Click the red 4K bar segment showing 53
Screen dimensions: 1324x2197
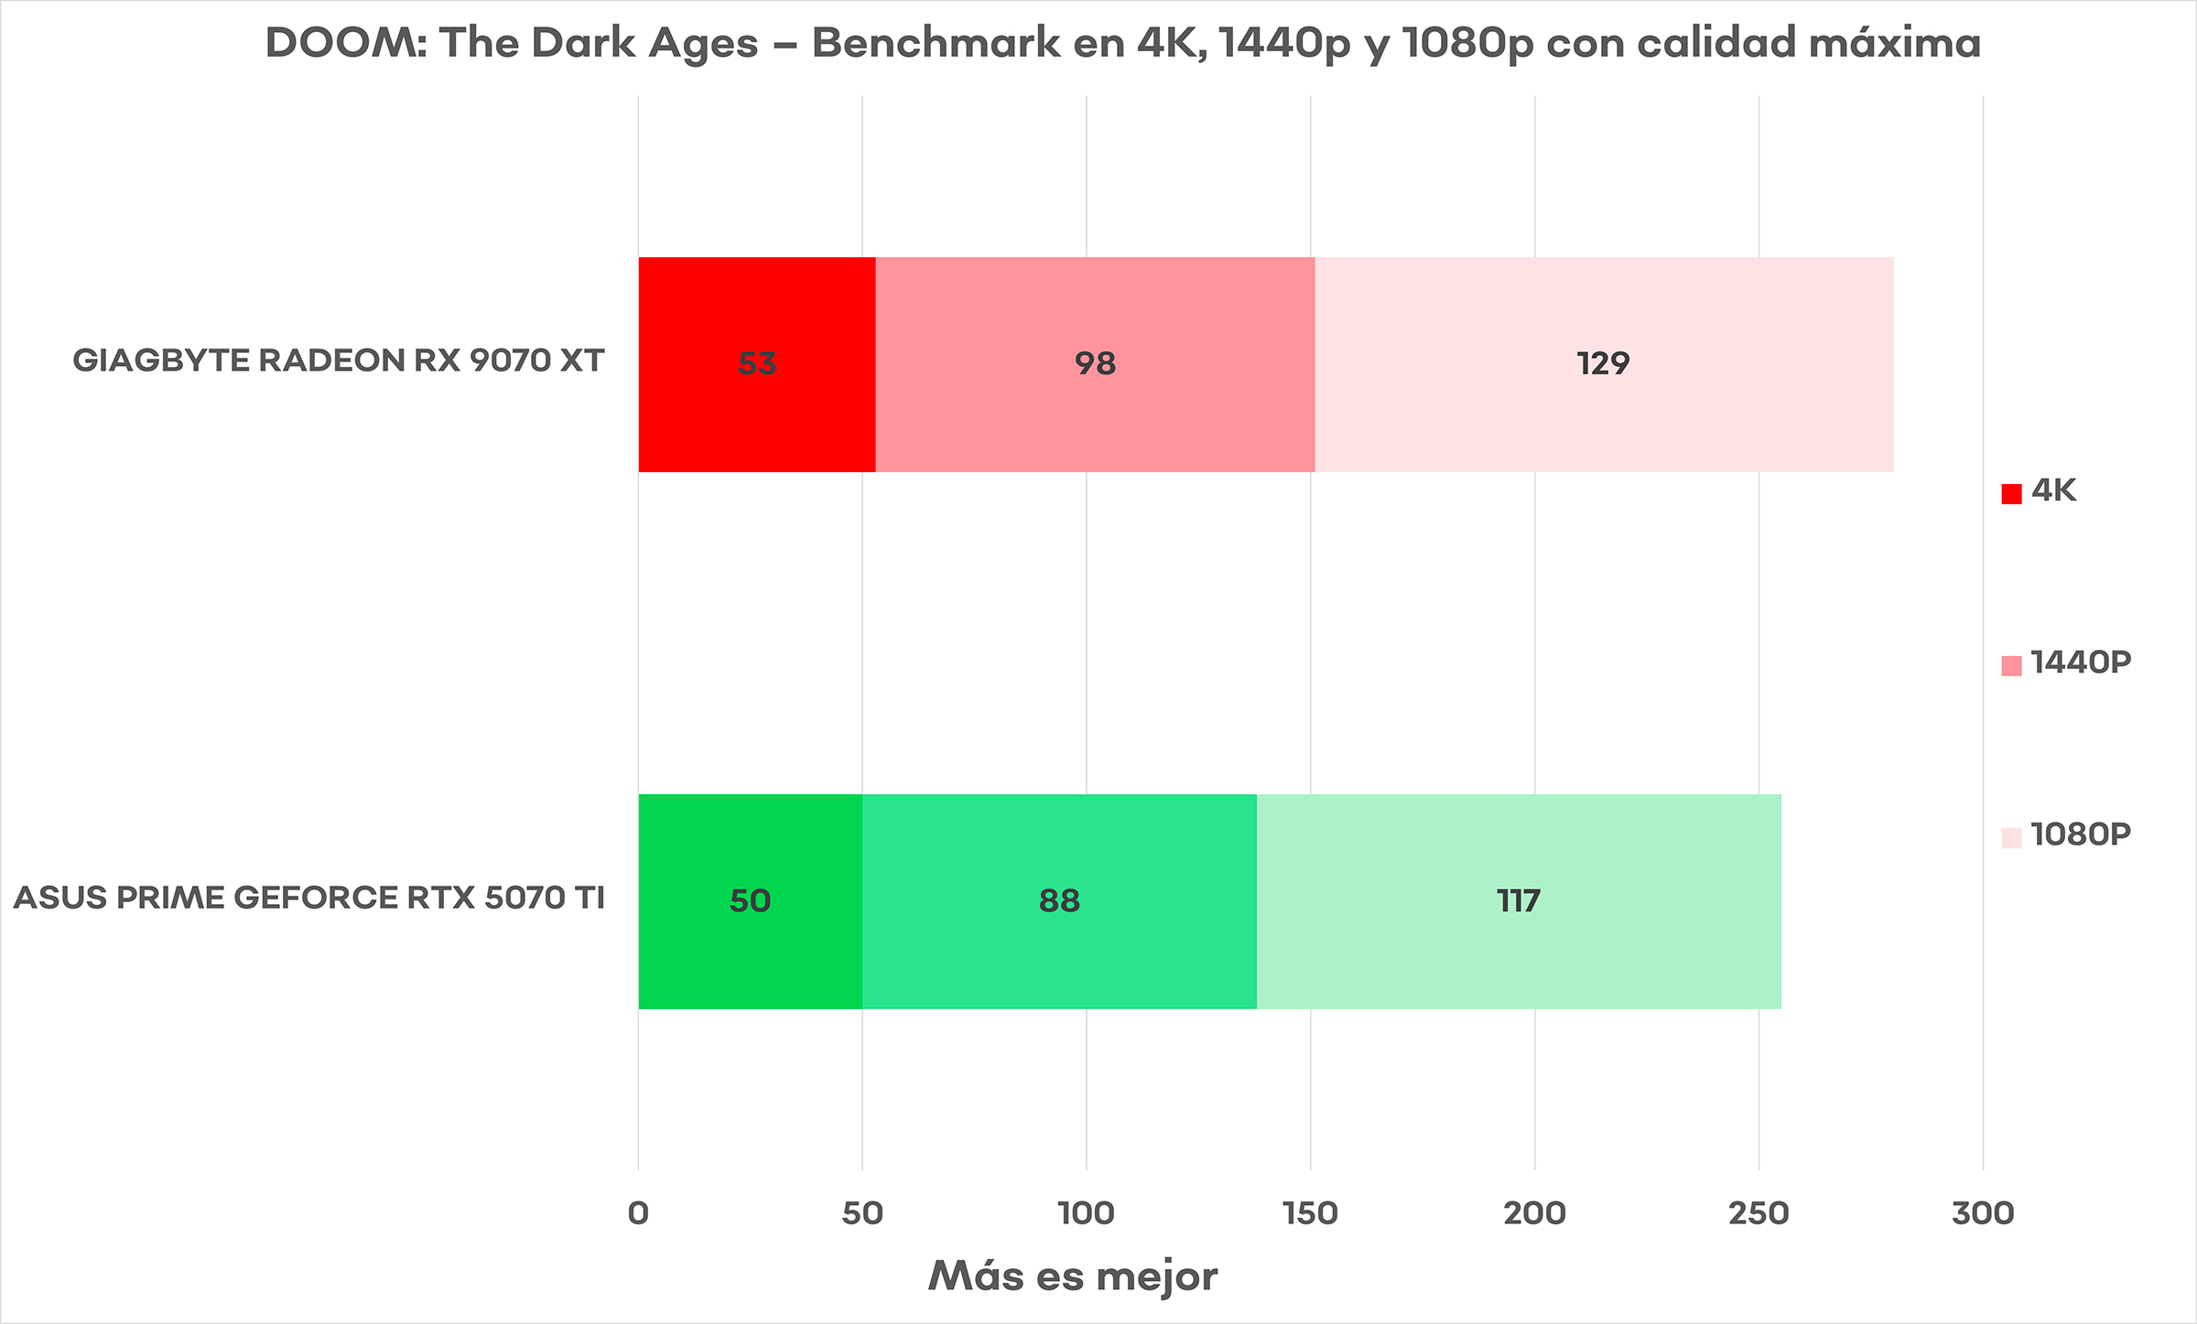[x=756, y=364]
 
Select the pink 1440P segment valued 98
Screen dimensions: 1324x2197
[x=1095, y=364]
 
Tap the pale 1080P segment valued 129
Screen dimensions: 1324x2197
[x=1603, y=364]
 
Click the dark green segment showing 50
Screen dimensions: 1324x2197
[x=750, y=901]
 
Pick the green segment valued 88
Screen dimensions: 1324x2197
[x=1059, y=901]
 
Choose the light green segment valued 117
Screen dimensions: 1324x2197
[x=1519, y=901]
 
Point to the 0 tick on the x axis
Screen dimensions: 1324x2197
[x=638, y=1214]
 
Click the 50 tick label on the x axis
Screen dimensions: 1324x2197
[x=862, y=1214]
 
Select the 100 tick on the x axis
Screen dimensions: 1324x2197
[x=1087, y=1214]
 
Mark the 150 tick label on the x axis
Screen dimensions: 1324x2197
[x=1311, y=1214]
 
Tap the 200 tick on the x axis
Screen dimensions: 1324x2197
[x=1535, y=1214]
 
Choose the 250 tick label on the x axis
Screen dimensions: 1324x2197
[x=1759, y=1214]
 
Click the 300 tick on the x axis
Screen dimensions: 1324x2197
[x=1983, y=1214]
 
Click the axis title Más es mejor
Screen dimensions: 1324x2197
[x=1072, y=1276]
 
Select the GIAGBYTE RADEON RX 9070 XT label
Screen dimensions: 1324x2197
[x=338, y=361]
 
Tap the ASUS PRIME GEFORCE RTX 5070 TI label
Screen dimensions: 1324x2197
[x=308, y=898]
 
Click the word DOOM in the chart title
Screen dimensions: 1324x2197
[x=345, y=43]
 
